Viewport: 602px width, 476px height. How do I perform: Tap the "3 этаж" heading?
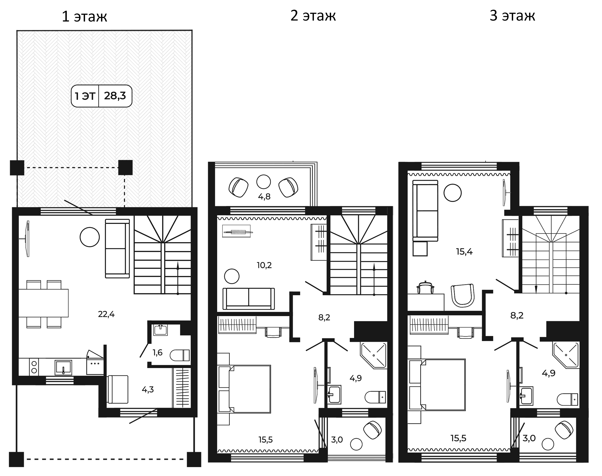[x=512, y=15]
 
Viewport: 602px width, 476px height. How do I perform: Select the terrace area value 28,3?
[x=115, y=96]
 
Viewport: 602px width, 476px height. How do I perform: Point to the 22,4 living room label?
[x=106, y=314]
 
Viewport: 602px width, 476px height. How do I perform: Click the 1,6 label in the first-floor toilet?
[x=157, y=352]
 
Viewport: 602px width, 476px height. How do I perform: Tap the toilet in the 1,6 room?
[x=180, y=355]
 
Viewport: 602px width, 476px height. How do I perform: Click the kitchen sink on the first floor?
[x=63, y=367]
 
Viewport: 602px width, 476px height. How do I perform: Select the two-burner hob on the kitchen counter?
[x=34, y=367]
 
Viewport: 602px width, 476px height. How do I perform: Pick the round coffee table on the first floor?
[x=90, y=237]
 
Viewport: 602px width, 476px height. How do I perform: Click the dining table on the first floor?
[x=44, y=303]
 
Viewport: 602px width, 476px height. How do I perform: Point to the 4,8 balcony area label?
[x=264, y=196]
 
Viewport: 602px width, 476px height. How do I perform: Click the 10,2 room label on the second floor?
[x=264, y=265]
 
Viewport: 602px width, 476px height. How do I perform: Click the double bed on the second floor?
[x=244, y=389]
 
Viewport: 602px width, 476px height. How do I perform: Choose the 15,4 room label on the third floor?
[x=464, y=252]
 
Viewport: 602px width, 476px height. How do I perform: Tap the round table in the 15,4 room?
[x=452, y=193]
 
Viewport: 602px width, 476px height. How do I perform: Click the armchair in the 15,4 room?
[x=462, y=295]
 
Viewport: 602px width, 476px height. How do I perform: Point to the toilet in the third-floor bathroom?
[x=567, y=399]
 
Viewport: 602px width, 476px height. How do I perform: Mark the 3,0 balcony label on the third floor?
[x=529, y=438]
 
